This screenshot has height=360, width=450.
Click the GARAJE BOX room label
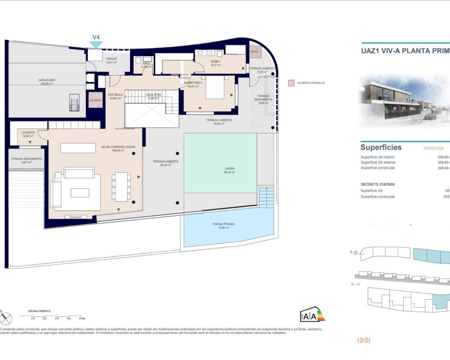click(47, 82)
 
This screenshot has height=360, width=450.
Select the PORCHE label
click(111, 60)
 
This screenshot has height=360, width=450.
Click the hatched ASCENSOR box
click(95, 100)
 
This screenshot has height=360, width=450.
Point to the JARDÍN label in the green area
click(230, 171)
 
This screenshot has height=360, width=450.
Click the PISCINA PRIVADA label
click(224, 226)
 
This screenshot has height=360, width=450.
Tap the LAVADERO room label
click(28, 134)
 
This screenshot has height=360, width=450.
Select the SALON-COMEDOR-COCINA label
click(118, 148)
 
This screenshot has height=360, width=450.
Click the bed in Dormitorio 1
click(215, 88)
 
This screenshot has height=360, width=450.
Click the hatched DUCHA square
click(255, 51)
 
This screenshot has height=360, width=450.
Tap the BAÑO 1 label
click(216, 63)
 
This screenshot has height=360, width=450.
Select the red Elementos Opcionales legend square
click(291, 83)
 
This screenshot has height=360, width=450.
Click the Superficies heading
click(381, 147)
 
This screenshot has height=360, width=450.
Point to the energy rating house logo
click(312, 315)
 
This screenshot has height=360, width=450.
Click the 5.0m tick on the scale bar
click(81, 318)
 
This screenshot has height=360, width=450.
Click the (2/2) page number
click(364, 340)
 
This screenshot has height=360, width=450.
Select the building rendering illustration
click(404, 100)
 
